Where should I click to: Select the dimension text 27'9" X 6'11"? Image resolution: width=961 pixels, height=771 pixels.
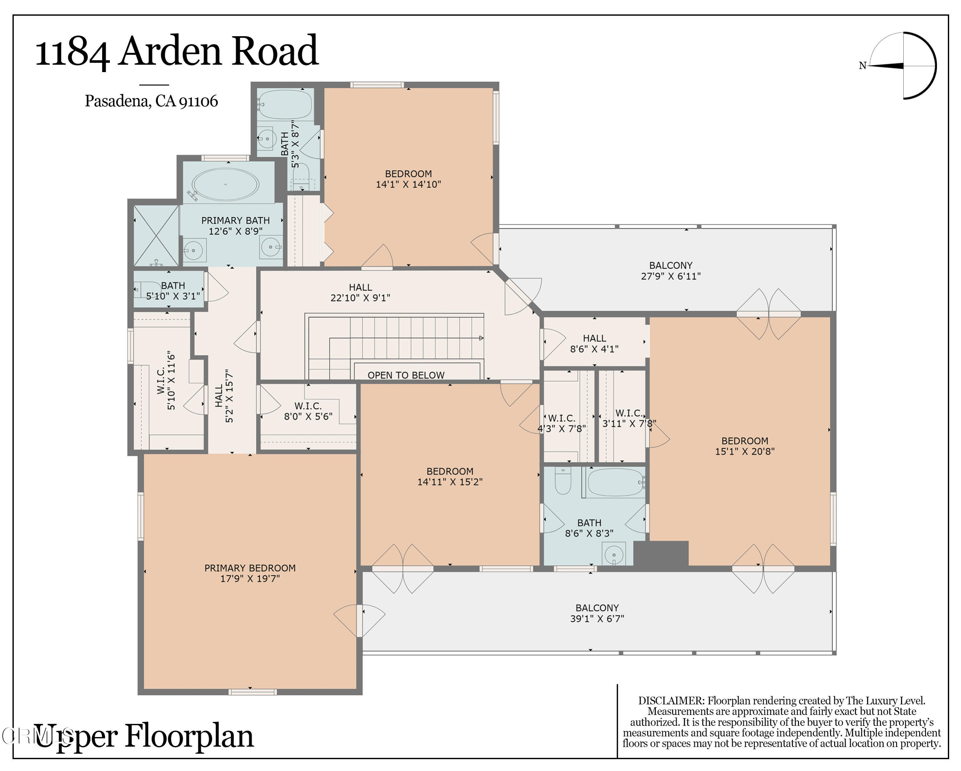pyautogui.click(x=670, y=276)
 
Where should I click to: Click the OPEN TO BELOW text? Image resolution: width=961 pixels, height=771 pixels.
pyautogui.click(x=406, y=375)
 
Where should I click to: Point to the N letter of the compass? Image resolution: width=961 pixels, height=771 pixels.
pyautogui.click(x=862, y=66)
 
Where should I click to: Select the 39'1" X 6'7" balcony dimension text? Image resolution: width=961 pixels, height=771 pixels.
pyautogui.click(x=597, y=618)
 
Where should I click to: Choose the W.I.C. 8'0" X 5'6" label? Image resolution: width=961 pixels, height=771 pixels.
pyautogui.click(x=308, y=411)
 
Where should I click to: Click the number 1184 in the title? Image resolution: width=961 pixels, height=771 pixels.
pyautogui.click(x=72, y=52)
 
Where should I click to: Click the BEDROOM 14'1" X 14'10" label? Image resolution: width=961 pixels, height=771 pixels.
pyautogui.click(x=408, y=179)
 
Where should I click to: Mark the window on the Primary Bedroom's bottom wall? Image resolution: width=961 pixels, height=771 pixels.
pyautogui.click(x=253, y=692)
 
